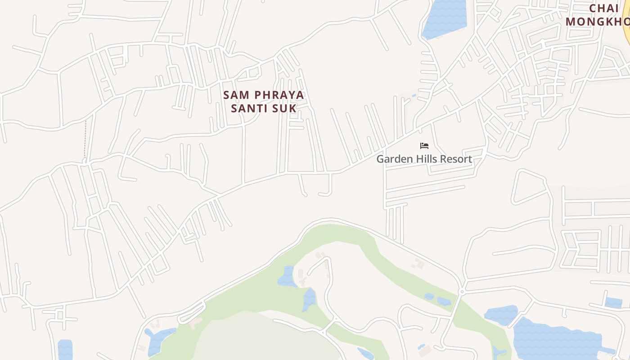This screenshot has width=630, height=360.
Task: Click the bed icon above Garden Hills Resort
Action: [424, 146]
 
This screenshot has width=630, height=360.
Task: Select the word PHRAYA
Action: [279, 95]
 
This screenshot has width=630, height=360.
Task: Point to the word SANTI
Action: [252, 108]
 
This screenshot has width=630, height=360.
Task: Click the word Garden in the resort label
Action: [393, 159]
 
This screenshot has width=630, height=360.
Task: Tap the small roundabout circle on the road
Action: [461, 292]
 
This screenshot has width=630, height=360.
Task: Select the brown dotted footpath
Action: [85, 139]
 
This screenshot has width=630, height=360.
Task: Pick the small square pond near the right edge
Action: [613, 302]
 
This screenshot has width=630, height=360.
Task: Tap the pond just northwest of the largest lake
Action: [501, 315]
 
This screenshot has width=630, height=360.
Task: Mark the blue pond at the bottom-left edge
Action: [65, 350]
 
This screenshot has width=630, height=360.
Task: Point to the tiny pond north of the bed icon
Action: [414, 96]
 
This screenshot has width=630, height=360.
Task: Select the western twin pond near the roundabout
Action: [429, 297]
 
